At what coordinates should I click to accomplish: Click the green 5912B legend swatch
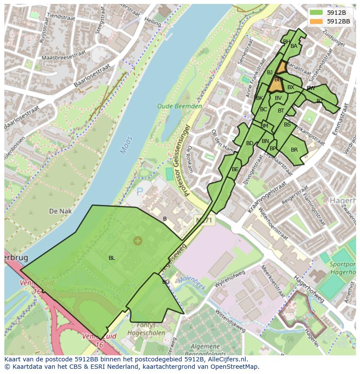tap(317, 13)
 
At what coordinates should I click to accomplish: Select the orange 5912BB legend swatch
tap(317, 21)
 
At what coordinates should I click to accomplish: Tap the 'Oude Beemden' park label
tap(180, 106)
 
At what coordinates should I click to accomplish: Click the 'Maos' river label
tap(126, 145)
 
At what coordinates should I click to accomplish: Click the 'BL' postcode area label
tap(112, 258)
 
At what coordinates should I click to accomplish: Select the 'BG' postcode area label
tap(166, 282)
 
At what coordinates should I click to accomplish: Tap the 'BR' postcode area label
tap(294, 150)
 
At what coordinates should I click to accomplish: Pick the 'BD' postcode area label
tap(250, 143)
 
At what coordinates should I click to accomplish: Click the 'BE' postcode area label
tap(235, 169)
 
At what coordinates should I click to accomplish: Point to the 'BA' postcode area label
tap(294, 46)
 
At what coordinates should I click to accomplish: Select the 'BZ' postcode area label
tap(320, 101)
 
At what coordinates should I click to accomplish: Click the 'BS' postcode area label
tap(287, 125)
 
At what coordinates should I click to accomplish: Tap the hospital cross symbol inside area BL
tap(137, 241)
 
